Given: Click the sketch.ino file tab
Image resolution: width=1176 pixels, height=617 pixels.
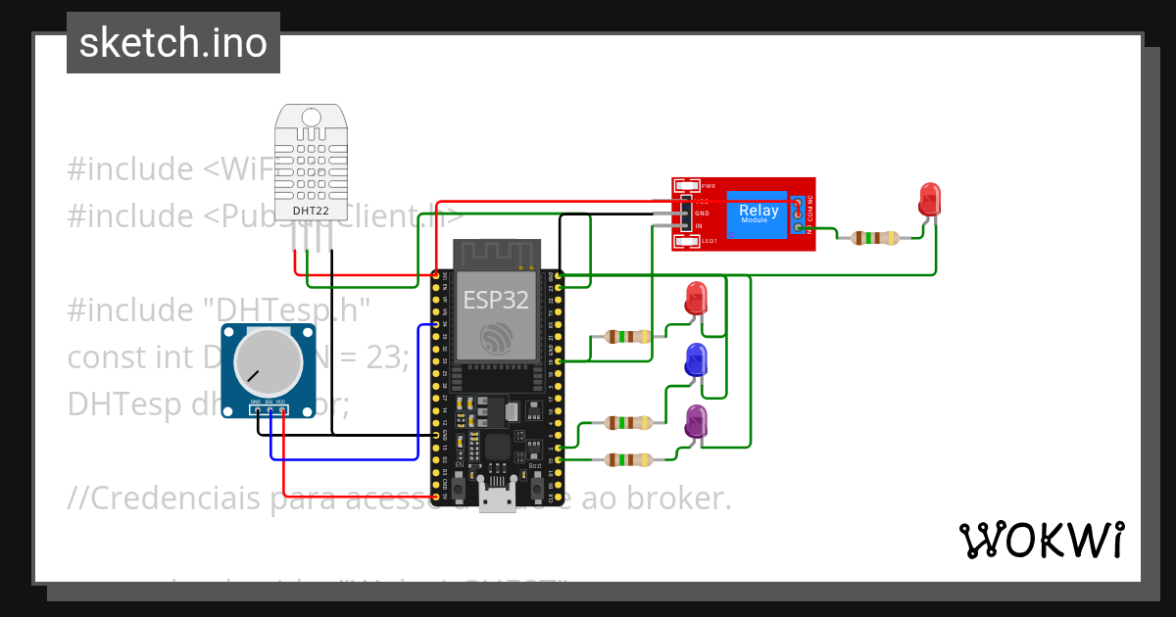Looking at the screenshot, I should (172, 43).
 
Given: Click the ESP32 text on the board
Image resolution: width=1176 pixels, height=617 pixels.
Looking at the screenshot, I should (496, 300).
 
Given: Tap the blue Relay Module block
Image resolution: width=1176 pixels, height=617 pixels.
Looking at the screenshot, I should (758, 214).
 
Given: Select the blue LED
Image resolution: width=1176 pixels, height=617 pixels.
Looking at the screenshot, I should (697, 360).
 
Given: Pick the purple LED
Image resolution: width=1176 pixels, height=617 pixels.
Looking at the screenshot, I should (696, 421).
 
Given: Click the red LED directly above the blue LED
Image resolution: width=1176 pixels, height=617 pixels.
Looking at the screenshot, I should (697, 298).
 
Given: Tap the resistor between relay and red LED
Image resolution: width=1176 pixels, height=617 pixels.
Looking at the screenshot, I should (873, 237).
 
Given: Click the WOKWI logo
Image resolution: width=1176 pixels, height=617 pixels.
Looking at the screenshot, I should (1041, 540).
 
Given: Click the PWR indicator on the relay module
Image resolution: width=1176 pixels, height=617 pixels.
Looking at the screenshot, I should (686, 186).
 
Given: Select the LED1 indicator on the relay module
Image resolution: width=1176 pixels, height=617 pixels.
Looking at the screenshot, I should (686, 241).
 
